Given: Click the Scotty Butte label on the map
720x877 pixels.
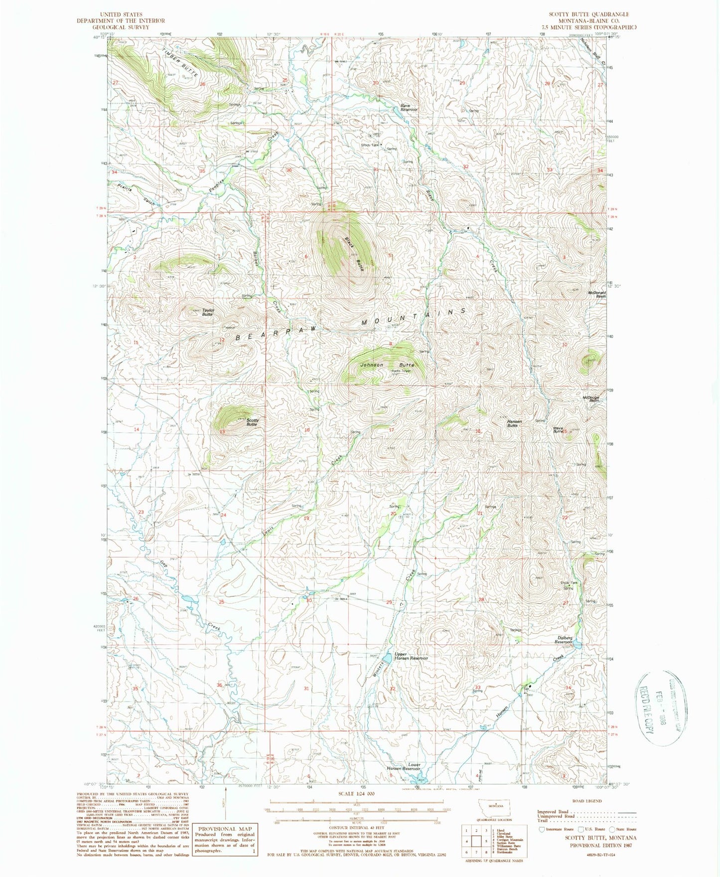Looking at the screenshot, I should pos(252,422).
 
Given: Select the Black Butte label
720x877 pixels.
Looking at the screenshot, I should pos(354,254).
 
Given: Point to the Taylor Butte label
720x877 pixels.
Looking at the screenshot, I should pos(207,312).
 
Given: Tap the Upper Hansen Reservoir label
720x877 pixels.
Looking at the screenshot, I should pos(411,656).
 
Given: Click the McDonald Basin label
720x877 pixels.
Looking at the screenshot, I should pos(596,294).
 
